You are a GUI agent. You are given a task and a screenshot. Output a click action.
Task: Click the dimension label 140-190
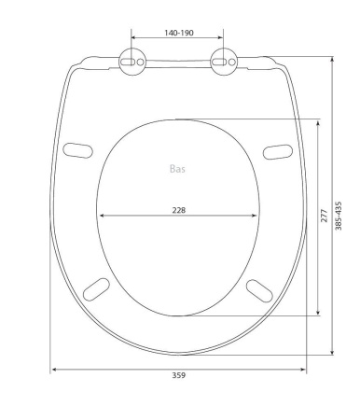tap(179, 33)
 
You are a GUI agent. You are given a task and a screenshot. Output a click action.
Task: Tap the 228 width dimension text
tap(179, 210)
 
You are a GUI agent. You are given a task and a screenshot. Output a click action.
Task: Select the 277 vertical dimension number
tap(325, 216)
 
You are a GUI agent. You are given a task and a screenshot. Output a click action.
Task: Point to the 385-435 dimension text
tap(339, 216)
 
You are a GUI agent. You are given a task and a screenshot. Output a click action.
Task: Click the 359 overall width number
tap(179, 375)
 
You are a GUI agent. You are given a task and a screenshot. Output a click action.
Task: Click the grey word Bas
tap(177, 169)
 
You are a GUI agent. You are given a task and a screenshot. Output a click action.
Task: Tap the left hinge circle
tap(132, 62)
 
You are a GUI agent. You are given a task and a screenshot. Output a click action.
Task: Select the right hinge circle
tap(224, 62)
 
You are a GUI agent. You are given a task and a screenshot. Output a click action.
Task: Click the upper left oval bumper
tap(77, 150)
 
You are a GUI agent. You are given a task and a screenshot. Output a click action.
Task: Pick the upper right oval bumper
tap(278, 152)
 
